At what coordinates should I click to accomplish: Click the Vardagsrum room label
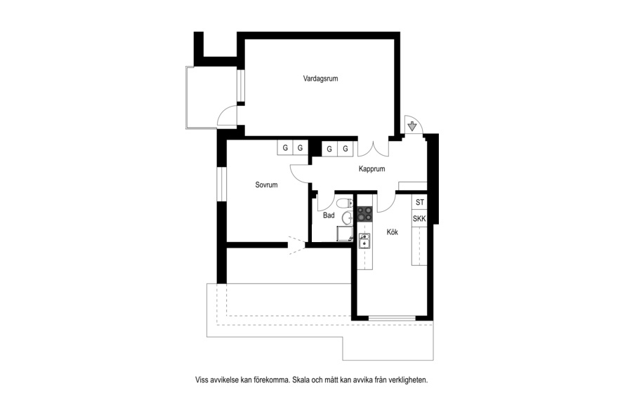click(320, 79)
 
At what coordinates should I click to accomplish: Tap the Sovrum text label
click(266, 184)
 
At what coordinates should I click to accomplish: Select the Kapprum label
click(372, 169)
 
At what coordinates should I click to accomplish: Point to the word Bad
click(329, 215)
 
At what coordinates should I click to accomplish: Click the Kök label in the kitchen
click(393, 232)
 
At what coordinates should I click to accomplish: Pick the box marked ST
click(420, 202)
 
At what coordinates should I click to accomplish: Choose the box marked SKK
click(420, 219)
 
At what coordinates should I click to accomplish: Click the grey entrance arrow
click(412, 127)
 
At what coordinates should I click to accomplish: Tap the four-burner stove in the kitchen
click(364, 214)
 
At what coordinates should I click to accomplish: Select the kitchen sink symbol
click(364, 241)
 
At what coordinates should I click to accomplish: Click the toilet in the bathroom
click(345, 203)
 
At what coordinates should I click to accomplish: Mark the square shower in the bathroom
click(345, 234)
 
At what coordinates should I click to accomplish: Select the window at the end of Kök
click(393, 318)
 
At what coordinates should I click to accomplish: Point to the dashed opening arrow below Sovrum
click(297, 246)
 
